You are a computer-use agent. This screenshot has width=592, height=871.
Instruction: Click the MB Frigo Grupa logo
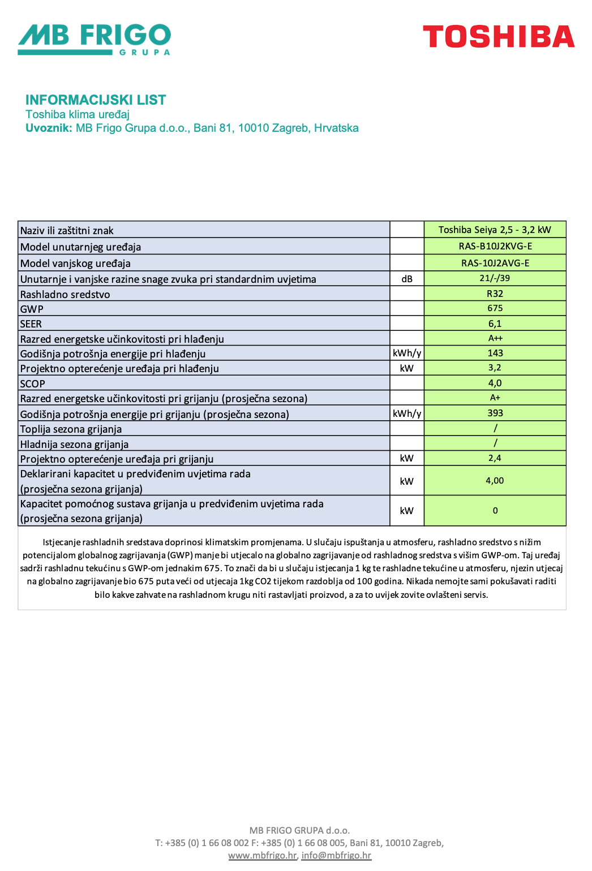tap(94, 39)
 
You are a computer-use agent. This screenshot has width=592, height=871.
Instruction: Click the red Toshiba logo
tap(499, 37)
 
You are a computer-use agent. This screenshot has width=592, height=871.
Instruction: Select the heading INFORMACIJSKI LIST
tap(96, 100)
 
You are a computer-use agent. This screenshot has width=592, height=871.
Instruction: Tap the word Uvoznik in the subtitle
tap(49, 128)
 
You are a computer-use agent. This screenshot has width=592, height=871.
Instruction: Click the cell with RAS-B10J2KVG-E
tap(495, 246)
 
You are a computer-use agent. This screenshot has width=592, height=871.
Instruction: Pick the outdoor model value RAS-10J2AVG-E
tap(495, 263)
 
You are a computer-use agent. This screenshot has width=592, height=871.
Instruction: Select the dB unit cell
tap(407, 279)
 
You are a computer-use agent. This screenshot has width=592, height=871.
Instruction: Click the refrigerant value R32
tap(495, 294)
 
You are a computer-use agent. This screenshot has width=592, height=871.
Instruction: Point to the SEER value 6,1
tap(495, 324)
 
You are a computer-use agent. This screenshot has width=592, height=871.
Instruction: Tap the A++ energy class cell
tap(495, 338)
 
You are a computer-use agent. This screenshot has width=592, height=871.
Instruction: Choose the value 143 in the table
tap(495, 353)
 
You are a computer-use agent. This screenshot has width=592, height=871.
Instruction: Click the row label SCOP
tap(33, 383)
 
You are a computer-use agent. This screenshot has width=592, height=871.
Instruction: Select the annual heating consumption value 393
tap(495, 413)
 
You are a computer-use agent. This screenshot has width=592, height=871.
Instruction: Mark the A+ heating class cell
tap(495, 398)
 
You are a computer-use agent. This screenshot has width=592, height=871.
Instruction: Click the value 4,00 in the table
tap(495, 480)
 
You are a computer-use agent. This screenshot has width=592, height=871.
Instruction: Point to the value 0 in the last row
tap(495, 511)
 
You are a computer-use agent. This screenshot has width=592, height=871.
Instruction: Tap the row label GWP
tap(32, 309)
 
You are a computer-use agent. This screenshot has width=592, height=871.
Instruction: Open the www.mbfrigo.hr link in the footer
tap(263, 855)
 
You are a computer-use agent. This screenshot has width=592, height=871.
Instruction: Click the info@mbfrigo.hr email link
tap(336, 855)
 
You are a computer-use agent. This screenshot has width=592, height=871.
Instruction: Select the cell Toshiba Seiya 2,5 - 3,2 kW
tap(495, 230)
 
